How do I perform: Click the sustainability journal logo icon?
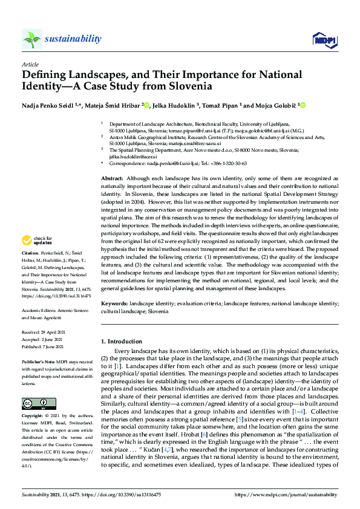coord(32,39)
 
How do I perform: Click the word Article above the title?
coord(30,63)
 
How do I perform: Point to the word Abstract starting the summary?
coord(112,180)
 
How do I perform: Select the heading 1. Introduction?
coord(125,342)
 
